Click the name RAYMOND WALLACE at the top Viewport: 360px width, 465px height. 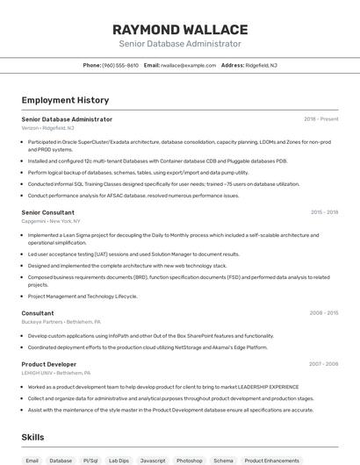pos(180,29)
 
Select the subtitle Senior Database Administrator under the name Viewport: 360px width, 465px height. pos(180,44)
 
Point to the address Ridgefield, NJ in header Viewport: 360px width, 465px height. pos(261,65)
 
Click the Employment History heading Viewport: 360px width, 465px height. pos(65,101)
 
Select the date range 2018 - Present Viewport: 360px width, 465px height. pos(320,119)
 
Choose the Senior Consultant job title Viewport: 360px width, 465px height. pos(47,212)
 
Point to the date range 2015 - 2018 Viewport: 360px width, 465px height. pos(322,212)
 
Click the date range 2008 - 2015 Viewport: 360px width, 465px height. pos(322,313)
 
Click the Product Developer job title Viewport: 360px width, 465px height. pos(48,364)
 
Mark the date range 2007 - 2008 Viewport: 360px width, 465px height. pos(322,364)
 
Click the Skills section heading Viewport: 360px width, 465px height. pos(33,437)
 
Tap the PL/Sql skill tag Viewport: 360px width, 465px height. pos(90,460)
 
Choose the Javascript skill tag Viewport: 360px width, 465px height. pos(153,460)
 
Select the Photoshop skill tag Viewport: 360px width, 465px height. pos(189,460)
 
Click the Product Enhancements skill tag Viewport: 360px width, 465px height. pos(271,460)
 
